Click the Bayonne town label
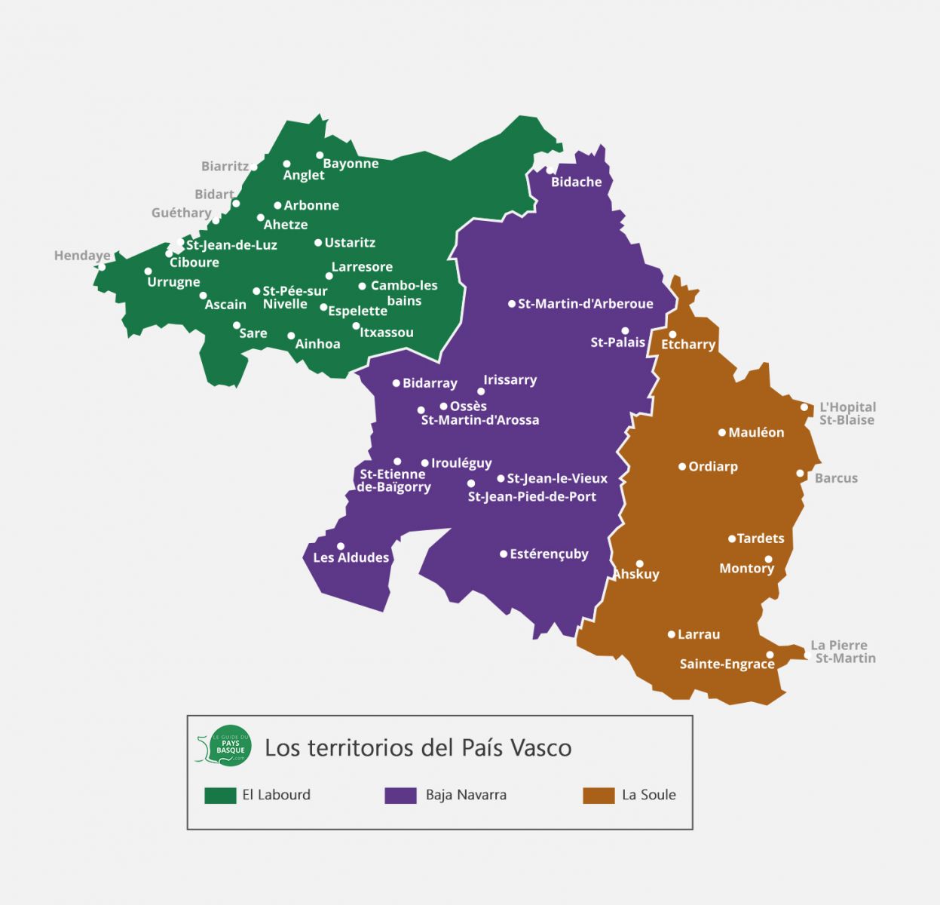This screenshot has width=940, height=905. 351,164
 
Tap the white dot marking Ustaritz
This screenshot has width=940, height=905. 318,243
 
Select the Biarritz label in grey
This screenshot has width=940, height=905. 225,166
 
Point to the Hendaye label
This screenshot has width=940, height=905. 82,256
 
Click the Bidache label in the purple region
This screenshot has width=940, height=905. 576,182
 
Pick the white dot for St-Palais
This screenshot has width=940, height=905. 625,331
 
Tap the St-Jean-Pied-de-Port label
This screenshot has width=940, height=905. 531,496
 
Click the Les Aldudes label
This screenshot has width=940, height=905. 351,557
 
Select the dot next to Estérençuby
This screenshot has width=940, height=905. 504,554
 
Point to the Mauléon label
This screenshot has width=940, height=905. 756,432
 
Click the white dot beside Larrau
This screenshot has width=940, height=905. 672,635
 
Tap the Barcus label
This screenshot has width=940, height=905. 836,478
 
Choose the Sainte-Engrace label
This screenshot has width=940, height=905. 727,664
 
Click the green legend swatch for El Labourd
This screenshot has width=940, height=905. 220,795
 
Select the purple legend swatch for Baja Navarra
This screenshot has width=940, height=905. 400,795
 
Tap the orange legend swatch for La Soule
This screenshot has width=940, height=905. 599,795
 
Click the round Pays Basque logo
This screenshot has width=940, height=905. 230,746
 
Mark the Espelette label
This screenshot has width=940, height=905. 357,311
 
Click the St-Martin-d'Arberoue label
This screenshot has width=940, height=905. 585,304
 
